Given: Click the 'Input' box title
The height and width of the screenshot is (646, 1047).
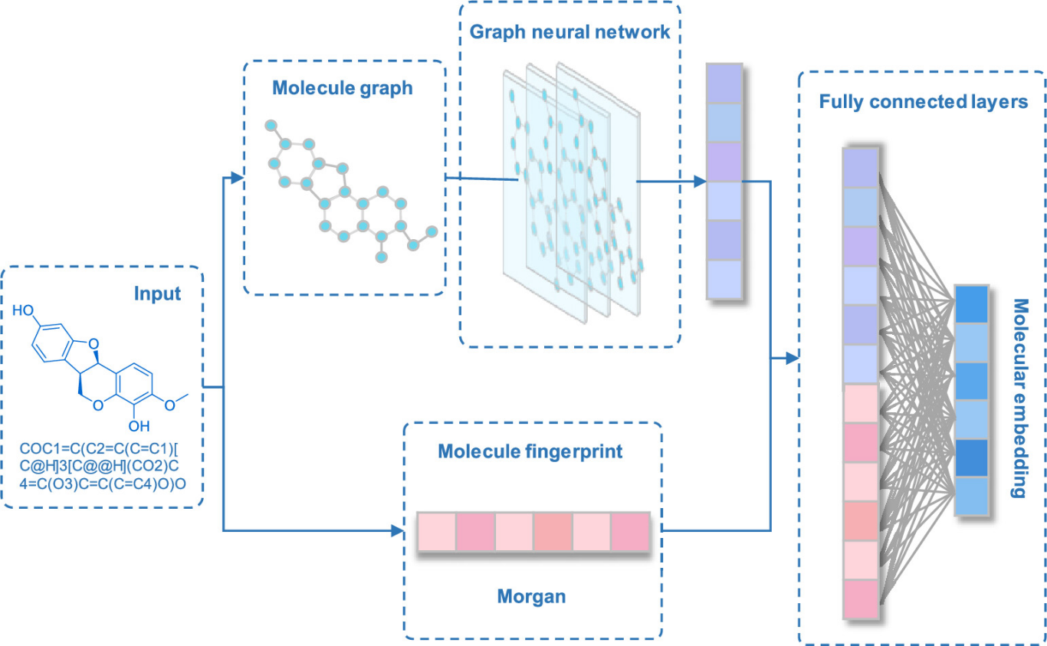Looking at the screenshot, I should point(157,293).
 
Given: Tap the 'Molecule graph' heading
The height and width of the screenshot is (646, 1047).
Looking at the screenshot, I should point(342,88).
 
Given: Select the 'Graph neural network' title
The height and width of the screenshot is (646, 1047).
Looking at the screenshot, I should point(570,32).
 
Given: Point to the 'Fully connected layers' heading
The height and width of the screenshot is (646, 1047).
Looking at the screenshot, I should point(924,101).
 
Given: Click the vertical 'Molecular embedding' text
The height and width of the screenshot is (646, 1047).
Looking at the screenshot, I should point(1019,398).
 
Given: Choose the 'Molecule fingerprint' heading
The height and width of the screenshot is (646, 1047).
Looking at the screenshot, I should point(530,451).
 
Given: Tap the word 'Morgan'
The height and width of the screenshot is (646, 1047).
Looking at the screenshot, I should point(531,595).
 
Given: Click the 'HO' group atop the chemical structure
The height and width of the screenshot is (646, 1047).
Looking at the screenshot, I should point(23,311).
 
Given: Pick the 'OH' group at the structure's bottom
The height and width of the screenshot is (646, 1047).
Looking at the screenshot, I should point(139,425).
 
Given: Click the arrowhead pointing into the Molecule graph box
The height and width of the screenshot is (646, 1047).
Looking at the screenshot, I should point(237,179).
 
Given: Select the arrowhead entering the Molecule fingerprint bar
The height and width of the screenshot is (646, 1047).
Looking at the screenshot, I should point(398,530).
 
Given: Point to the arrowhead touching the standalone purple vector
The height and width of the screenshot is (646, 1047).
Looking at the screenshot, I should point(699,182).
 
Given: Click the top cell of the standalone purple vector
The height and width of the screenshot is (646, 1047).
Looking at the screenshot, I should point(724,83).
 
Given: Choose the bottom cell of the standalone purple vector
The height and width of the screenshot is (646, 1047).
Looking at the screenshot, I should point(724,280).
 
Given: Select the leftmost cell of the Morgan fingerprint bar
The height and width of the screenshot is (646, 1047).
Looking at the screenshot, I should point(437,531).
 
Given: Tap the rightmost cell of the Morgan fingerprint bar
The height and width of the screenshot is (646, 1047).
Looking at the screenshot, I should point(631,531).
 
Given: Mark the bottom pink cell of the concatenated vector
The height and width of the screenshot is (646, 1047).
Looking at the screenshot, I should point(860,598).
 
